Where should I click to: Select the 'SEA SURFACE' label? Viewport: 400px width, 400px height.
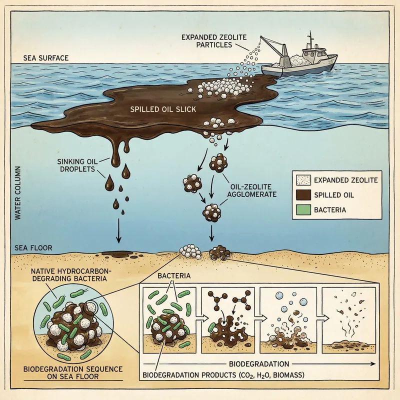[x=46, y=58]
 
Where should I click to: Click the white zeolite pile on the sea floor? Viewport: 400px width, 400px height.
[x=190, y=251]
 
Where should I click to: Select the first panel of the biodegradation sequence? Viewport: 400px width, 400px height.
[x=168, y=318]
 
